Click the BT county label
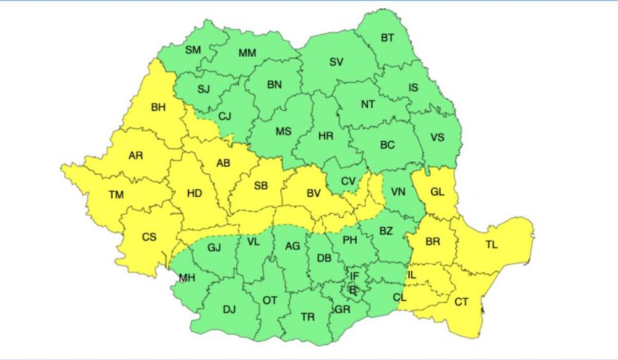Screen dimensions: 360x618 click(x=387, y=38)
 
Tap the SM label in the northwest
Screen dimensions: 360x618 click(x=193, y=50)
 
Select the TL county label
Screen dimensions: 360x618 click(x=492, y=245)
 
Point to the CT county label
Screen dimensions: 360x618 click(x=461, y=302)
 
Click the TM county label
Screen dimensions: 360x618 click(x=116, y=195)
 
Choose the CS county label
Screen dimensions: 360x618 click(x=149, y=237)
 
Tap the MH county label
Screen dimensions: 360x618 click(x=187, y=278)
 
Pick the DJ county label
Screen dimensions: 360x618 click(x=229, y=310)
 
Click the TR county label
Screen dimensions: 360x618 click(x=307, y=317)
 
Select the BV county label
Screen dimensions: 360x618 click(x=313, y=192)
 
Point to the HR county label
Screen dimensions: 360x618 click(x=326, y=136)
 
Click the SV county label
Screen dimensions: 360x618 click(x=336, y=62)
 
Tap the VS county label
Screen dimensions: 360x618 click(x=438, y=138)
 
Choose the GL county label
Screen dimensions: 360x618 click(x=438, y=191)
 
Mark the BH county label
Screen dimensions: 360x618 click(x=158, y=108)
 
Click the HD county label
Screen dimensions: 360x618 click(x=194, y=193)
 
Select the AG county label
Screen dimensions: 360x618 click(x=292, y=247)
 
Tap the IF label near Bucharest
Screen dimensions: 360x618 click(x=355, y=276)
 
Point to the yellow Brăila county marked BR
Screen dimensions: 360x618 click(x=433, y=243)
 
